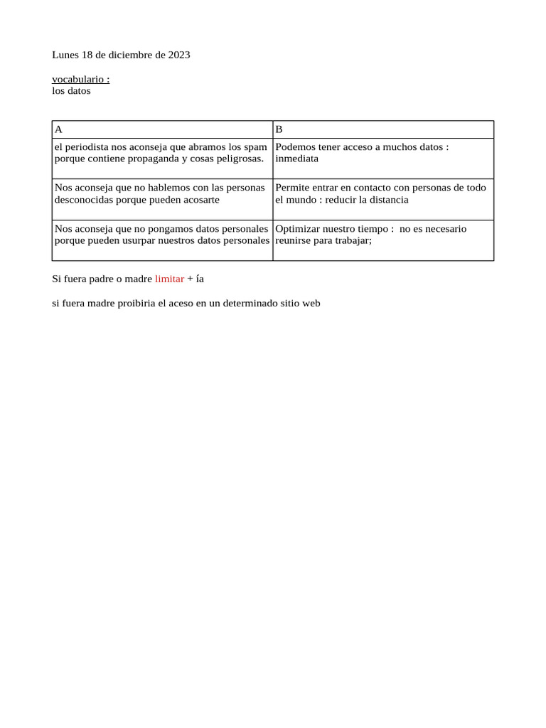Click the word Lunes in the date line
pyautogui.click(x=65, y=55)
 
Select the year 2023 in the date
pyautogui.click(x=179, y=55)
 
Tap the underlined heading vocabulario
pyautogui.click(x=79, y=79)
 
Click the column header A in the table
pyautogui.click(x=58, y=129)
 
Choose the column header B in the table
pyautogui.click(x=279, y=129)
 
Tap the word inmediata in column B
pyautogui.click(x=296, y=159)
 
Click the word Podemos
pyautogui.click(x=294, y=146)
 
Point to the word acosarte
pyautogui.click(x=200, y=200)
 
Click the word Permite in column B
pyautogui.click(x=291, y=188)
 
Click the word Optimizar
pyautogui.click(x=296, y=229)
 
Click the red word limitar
pyautogui.click(x=169, y=279)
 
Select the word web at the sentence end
pyautogui.click(x=311, y=303)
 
